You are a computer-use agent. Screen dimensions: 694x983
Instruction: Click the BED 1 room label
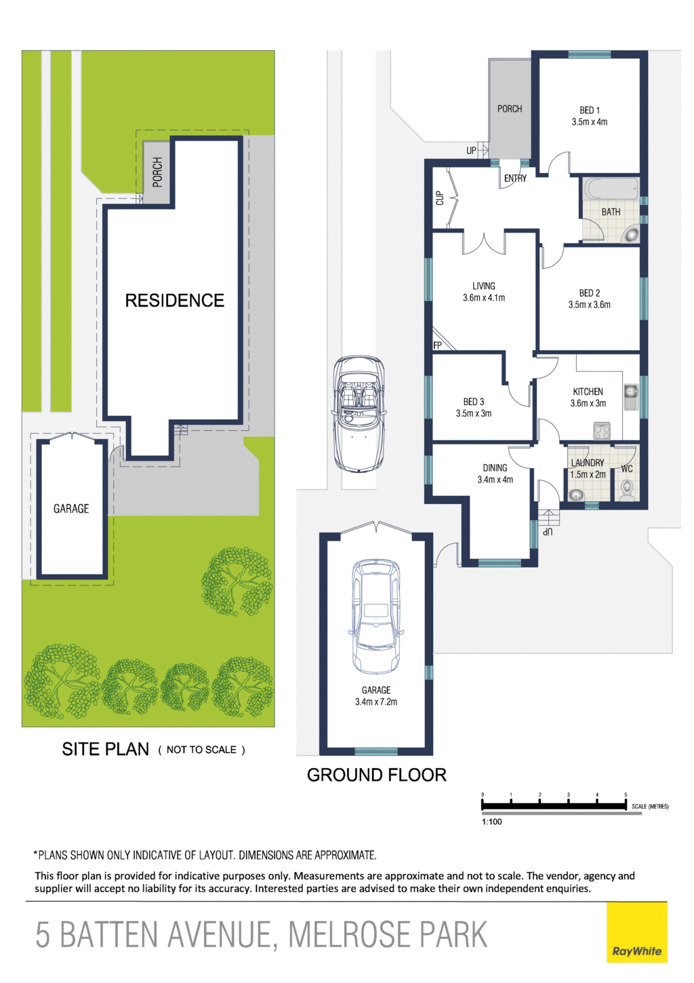(589, 110)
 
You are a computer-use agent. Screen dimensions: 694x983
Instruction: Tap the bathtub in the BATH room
(611, 190)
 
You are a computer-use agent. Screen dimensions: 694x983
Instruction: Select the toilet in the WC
(628, 490)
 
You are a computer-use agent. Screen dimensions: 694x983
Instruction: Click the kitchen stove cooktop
(602, 431)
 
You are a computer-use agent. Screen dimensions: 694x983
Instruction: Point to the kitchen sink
(630, 396)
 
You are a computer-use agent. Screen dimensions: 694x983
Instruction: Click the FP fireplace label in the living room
(437, 345)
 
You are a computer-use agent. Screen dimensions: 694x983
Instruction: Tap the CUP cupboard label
(440, 198)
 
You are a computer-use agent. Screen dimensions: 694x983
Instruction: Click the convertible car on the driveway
(359, 414)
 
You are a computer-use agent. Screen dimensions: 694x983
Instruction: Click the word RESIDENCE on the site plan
(174, 301)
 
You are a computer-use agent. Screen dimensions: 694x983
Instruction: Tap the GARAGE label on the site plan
(71, 509)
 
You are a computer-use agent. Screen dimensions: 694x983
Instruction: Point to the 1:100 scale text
(492, 822)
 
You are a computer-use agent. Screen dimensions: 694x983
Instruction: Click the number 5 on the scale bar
(626, 794)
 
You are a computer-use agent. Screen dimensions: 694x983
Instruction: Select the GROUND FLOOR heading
(377, 775)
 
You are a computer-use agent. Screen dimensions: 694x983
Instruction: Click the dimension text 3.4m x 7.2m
(376, 701)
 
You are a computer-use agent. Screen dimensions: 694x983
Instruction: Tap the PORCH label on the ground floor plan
(510, 109)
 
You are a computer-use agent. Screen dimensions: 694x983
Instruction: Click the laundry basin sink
(575, 495)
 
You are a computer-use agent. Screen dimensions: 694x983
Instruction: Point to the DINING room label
(495, 468)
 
